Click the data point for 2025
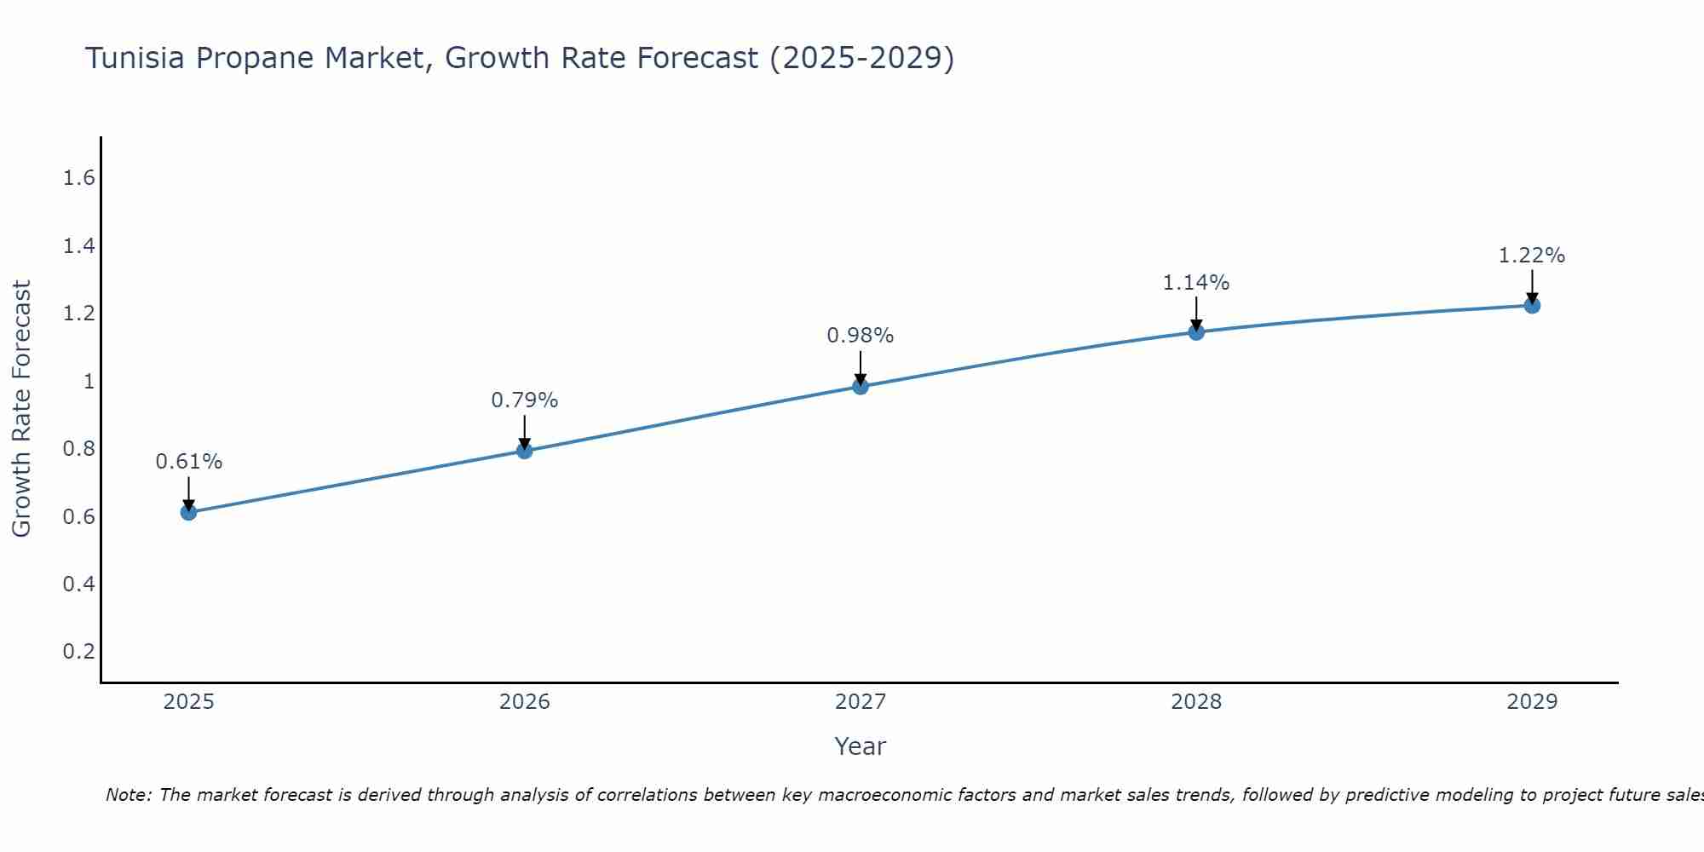pyautogui.click(x=189, y=512)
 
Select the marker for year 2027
pyautogui.click(x=861, y=386)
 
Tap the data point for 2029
pyautogui.click(x=1532, y=305)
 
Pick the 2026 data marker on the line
pyautogui.click(x=525, y=451)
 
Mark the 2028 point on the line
pyautogui.click(x=1196, y=332)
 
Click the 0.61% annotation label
pyautogui.click(x=189, y=462)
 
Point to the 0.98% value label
pyautogui.click(x=861, y=336)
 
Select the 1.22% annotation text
pyautogui.click(x=1532, y=256)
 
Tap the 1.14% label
pyautogui.click(x=1196, y=282)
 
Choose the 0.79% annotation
pyautogui.click(x=525, y=400)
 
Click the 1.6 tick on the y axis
pyautogui.click(x=79, y=178)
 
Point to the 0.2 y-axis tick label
pyautogui.click(x=79, y=652)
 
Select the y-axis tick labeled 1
pyautogui.click(x=89, y=381)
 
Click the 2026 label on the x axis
pyautogui.click(x=525, y=702)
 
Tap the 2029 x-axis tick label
pyautogui.click(x=1532, y=702)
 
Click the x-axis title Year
pyautogui.click(x=861, y=746)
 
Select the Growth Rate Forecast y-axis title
pyautogui.click(x=21, y=409)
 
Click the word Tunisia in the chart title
pyautogui.click(x=135, y=58)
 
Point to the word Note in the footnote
pyautogui.click(x=128, y=795)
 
